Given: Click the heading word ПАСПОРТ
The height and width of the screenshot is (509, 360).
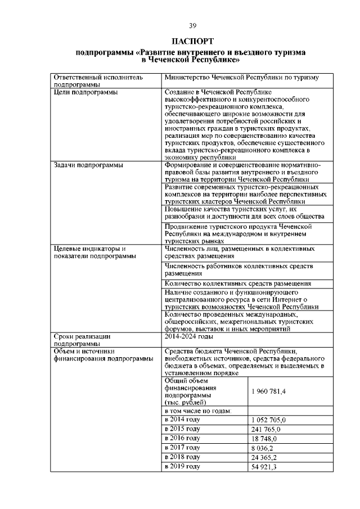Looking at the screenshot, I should coord(191,41).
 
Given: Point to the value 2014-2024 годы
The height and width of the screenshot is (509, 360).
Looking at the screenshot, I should coord(188,336).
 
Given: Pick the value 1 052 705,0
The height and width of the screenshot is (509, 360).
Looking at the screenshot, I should coord(269,420).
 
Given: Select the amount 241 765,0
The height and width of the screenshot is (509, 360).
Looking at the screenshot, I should coord(265,429).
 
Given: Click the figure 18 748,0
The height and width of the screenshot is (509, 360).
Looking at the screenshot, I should coord(264,438).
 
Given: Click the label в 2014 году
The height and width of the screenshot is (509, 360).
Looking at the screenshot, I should coord(182,420).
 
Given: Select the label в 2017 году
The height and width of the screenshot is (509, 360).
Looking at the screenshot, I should coord(182,448).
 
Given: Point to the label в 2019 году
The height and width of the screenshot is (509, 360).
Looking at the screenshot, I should coord(182,467).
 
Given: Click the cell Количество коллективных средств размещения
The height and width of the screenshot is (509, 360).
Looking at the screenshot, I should coord(238,283).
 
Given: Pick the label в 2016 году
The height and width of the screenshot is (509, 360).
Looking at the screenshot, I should coord(182,438).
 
